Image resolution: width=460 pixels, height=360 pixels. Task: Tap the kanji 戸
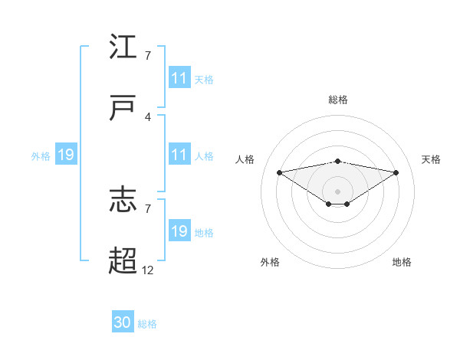click(123, 108)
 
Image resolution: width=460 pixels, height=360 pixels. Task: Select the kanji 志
click(123, 200)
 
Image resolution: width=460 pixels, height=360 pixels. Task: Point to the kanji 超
click(123, 261)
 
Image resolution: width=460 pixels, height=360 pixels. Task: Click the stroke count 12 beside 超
click(148, 270)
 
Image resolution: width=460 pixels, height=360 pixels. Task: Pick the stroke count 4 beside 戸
click(148, 116)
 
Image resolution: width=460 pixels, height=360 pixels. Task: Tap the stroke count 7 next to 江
click(148, 55)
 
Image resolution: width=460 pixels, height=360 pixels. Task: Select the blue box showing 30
click(123, 322)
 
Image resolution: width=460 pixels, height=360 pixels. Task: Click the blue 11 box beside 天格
click(179, 78)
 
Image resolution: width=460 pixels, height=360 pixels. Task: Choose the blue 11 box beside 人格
click(179, 155)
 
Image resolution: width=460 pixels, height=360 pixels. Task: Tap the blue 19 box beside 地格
click(179, 231)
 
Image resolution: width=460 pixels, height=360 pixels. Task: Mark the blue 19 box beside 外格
click(66, 155)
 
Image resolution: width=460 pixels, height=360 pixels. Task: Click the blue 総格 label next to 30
click(148, 324)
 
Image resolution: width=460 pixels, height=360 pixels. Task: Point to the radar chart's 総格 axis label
click(338, 100)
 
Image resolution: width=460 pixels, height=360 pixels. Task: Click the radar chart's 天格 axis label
click(431, 159)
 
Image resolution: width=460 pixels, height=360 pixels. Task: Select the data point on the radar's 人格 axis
click(280, 172)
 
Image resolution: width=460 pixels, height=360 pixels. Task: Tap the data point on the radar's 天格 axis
click(396, 172)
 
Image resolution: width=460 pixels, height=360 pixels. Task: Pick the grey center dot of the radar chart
click(338, 191)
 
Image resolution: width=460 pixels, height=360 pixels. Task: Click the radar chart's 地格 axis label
click(402, 262)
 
